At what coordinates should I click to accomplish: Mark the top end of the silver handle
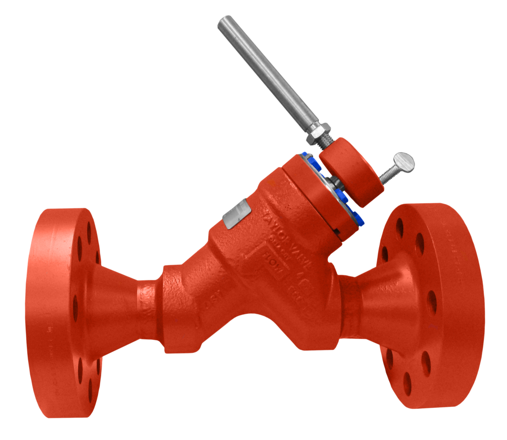click(x=224, y=22)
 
